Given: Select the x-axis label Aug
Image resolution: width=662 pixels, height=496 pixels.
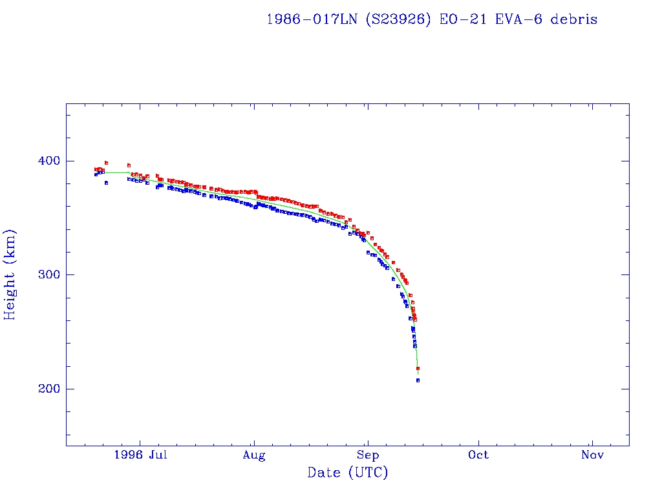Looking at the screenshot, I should click(254, 455).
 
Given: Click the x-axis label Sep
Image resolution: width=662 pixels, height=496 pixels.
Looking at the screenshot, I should click(367, 455).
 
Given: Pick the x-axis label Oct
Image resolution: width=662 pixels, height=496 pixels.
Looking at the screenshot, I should click(479, 455).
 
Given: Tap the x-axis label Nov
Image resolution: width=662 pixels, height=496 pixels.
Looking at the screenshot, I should click(592, 455).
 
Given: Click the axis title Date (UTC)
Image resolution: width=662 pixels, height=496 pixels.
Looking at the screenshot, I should click(348, 473).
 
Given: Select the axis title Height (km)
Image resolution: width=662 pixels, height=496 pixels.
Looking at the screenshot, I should click(10, 274).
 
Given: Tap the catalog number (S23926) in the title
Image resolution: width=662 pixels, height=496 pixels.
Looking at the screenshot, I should click(399, 19).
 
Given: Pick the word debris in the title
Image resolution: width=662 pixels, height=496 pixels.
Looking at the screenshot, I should click(574, 19).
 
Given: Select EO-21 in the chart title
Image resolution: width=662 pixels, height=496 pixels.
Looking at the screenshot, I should click(459, 19).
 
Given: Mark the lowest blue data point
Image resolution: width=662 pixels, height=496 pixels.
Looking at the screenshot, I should click(418, 380).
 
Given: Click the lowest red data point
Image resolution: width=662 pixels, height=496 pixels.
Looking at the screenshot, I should click(418, 368).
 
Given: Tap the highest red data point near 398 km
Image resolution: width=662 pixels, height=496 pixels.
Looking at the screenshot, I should click(106, 163).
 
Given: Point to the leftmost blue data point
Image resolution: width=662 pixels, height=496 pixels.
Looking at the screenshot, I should click(96, 174).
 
